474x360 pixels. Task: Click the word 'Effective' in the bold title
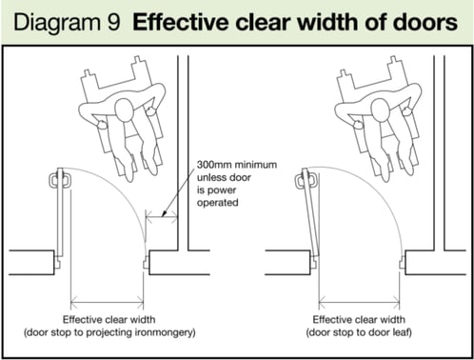tap(177, 22)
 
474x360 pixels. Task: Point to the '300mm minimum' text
tap(238, 164)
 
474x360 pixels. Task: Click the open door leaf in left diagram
tap(62, 215)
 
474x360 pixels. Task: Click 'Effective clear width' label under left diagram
tap(110, 318)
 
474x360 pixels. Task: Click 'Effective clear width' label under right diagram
tap(364, 318)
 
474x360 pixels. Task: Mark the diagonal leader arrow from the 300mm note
tap(178, 203)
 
